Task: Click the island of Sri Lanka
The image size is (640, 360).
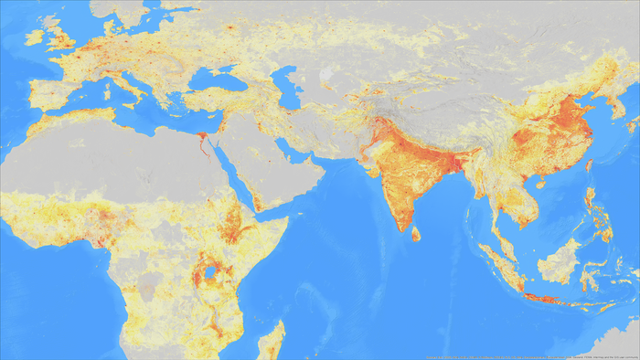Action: coord(415,234)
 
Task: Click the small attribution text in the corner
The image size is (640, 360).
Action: coord(530,355)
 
